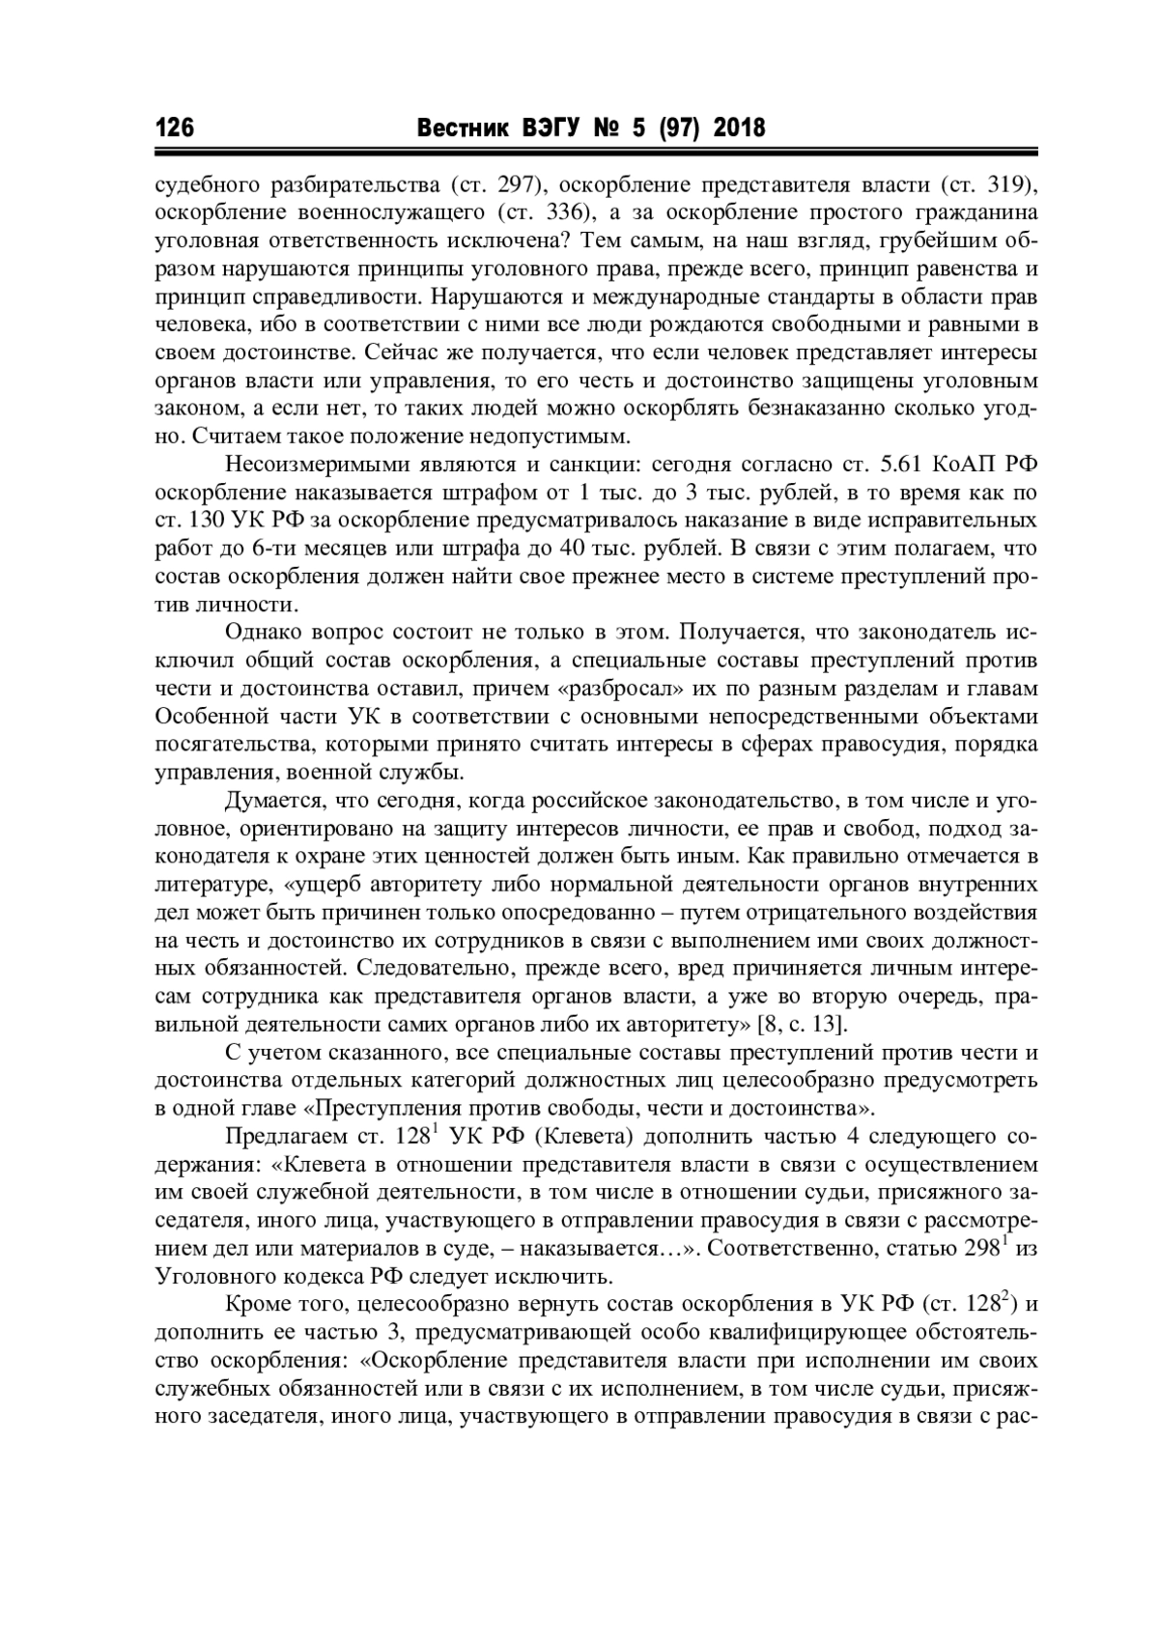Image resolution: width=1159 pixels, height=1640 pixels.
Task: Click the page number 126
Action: click(175, 127)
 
